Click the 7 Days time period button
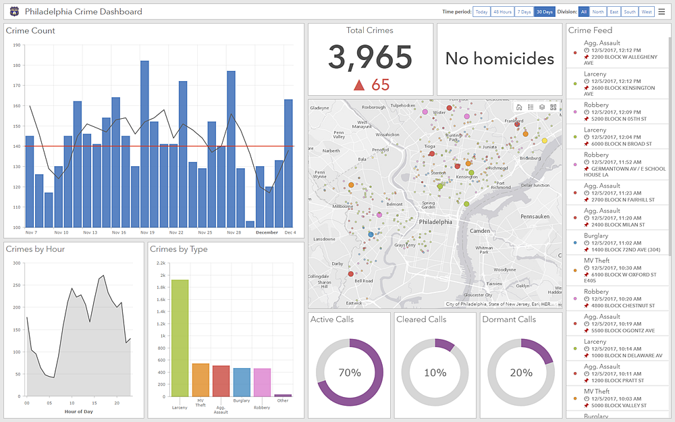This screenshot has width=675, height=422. (x=524, y=11)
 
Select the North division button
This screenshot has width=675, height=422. (x=597, y=11)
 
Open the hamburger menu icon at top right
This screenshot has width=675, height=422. (x=661, y=11)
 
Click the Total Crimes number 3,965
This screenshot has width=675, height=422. (x=370, y=58)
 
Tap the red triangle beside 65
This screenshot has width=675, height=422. (x=359, y=85)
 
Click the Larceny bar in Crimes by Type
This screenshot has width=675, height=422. (x=180, y=338)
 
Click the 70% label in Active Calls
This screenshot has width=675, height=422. (x=350, y=373)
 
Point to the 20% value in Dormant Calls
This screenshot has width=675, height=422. (x=521, y=373)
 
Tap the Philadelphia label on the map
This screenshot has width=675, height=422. (x=435, y=221)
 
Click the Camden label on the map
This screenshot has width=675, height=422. (x=479, y=231)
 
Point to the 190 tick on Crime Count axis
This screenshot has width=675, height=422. (x=16, y=46)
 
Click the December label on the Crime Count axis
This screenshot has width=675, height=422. (x=267, y=232)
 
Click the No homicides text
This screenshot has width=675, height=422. (x=500, y=59)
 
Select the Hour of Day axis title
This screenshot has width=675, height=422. (x=78, y=411)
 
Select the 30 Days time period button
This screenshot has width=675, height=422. (x=544, y=11)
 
